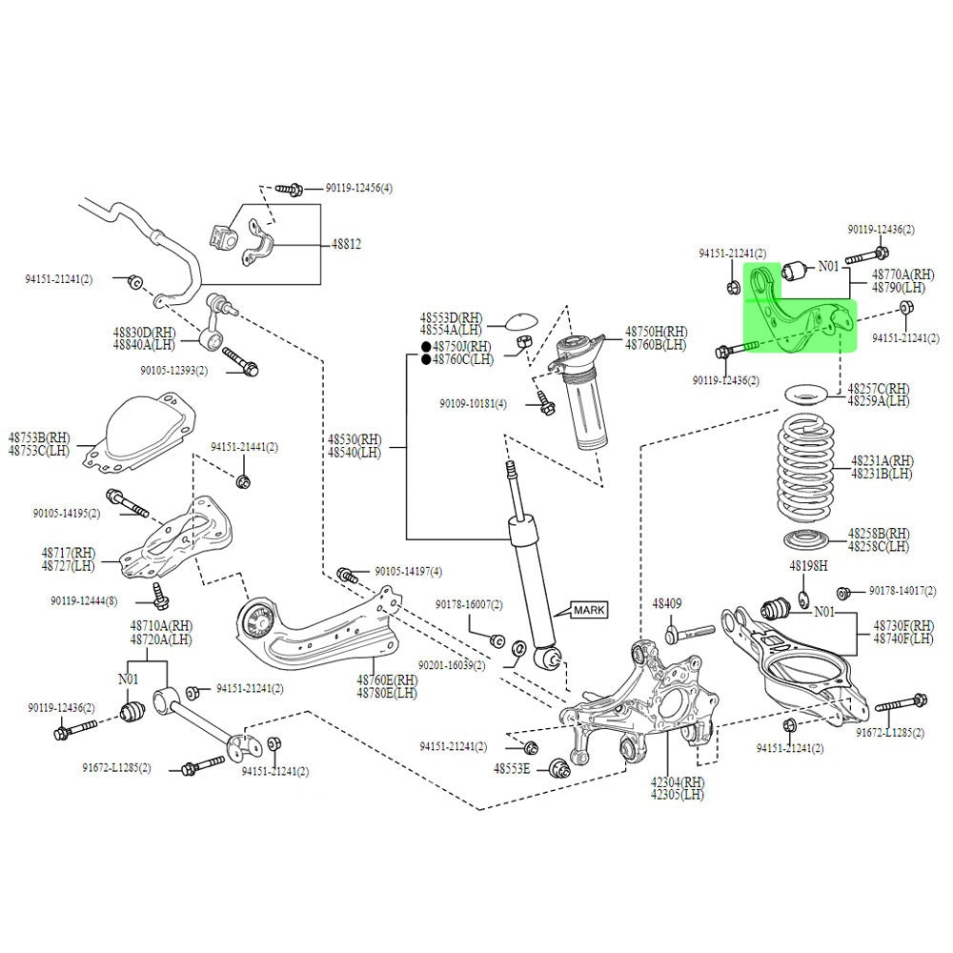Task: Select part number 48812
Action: (346, 244)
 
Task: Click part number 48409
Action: (667, 604)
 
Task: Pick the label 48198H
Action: (808, 566)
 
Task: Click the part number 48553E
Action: (512, 768)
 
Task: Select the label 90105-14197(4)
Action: (408, 572)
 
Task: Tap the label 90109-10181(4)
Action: (474, 404)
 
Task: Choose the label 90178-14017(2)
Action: (902, 591)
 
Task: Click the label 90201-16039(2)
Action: (452, 665)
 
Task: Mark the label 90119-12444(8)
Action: (85, 601)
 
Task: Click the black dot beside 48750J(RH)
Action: (425, 347)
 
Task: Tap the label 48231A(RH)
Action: (881, 460)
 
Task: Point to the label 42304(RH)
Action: (679, 781)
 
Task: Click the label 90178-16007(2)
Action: (469, 604)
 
